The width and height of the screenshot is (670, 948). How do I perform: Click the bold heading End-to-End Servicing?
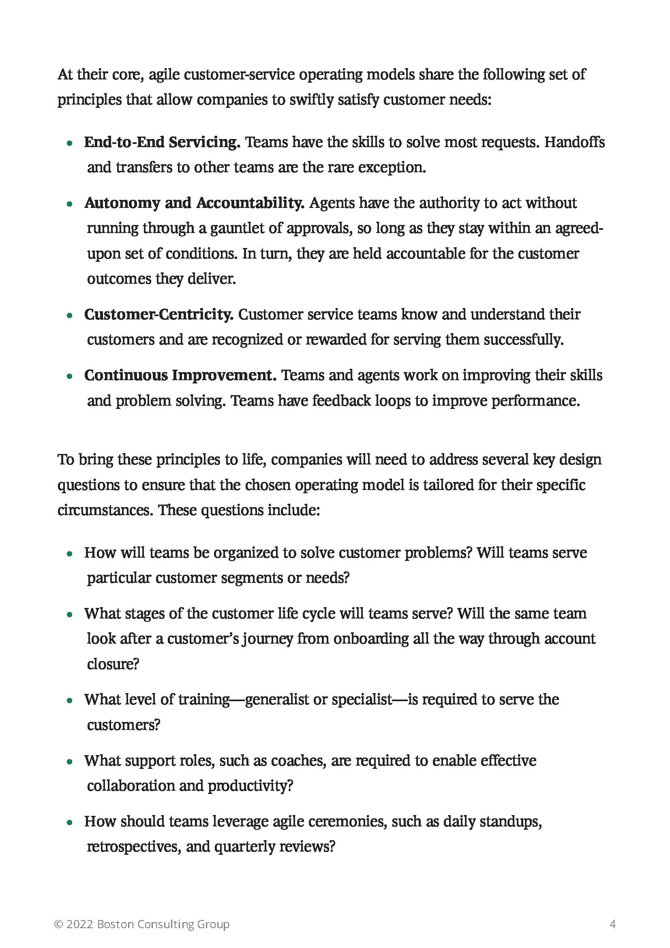click(x=162, y=142)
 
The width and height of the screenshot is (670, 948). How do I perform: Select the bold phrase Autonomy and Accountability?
click(x=194, y=203)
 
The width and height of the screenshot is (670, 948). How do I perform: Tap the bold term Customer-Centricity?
click(x=158, y=315)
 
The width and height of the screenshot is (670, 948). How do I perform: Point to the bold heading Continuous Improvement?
click(x=180, y=375)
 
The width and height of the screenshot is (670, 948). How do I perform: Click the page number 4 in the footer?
click(x=612, y=924)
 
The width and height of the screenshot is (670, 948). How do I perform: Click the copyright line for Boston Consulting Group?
click(x=141, y=924)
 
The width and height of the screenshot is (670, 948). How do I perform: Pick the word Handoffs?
click(x=574, y=142)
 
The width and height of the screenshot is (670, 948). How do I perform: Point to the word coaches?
click(x=297, y=760)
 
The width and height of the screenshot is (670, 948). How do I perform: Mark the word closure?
click(x=113, y=664)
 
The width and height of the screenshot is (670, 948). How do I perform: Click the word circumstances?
click(x=105, y=510)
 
